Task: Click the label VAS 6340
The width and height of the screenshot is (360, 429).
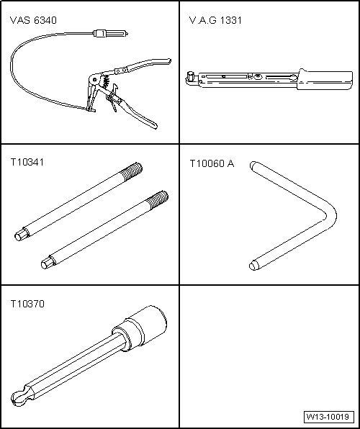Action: click(33, 20)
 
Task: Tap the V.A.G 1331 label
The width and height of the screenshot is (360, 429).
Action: click(215, 20)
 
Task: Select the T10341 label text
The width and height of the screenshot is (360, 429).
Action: click(27, 162)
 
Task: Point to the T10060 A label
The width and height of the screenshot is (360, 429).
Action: click(212, 163)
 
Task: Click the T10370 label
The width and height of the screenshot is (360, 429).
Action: click(27, 304)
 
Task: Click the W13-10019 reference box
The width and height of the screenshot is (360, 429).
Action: click(328, 417)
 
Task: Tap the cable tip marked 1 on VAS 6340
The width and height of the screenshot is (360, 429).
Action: click(111, 34)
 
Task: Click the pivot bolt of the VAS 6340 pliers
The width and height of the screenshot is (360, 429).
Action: click(95, 80)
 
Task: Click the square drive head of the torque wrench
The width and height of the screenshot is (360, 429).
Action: click(190, 76)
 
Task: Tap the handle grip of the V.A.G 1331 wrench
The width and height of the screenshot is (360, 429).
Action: click(325, 80)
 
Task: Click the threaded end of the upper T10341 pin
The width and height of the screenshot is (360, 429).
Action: click(132, 171)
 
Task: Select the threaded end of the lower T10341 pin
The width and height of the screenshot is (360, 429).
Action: click(157, 199)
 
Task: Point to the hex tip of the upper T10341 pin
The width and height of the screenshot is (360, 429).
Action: click(22, 235)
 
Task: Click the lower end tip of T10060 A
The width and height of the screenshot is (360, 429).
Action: click(254, 266)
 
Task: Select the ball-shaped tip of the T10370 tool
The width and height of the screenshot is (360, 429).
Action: click(21, 397)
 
